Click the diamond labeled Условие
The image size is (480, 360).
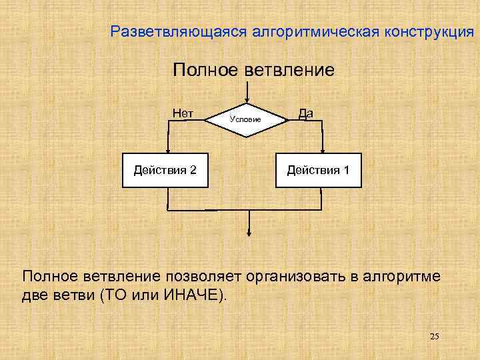[246, 120]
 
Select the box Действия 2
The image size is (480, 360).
[165, 169]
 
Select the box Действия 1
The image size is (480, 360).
[318, 169]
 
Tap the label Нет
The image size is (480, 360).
[183, 113]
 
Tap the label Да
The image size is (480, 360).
[306, 113]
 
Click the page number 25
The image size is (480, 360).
[434, 336]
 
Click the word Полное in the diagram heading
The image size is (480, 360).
[203, 69]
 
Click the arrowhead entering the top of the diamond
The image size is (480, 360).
[247, 100]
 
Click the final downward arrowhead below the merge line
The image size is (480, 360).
[248, 233]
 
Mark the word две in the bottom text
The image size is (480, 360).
[34, 294]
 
